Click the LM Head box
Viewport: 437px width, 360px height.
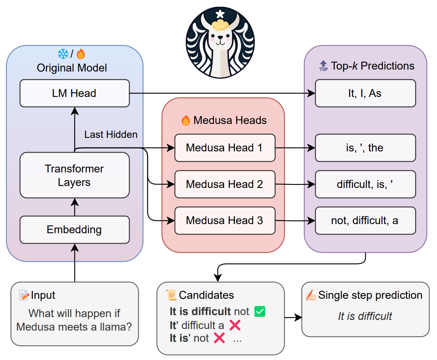point(74,93)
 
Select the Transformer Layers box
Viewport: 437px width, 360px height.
point(74,175)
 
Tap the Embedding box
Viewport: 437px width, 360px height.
point(74,230)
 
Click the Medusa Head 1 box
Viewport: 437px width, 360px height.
point(225,148)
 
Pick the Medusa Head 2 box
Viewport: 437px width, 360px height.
point(225,184)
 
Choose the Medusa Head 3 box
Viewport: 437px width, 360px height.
point(225,221)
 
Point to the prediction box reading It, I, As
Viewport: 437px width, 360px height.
point(365,93)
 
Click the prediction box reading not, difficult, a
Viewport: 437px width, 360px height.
point(365,221)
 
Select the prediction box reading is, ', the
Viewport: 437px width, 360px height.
point(365,148)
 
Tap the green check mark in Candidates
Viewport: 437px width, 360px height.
point(260,312)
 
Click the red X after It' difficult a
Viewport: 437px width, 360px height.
point(235,325)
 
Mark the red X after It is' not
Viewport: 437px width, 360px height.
point(219,338)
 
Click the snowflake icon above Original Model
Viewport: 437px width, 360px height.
point(63,54)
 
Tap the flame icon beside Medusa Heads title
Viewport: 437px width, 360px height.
point(186,120)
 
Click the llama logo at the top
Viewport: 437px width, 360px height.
point(220,42)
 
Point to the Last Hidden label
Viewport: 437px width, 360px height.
point(111,135)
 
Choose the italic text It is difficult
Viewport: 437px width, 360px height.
point(365,316)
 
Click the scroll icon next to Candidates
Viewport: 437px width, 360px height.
point(171,295)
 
